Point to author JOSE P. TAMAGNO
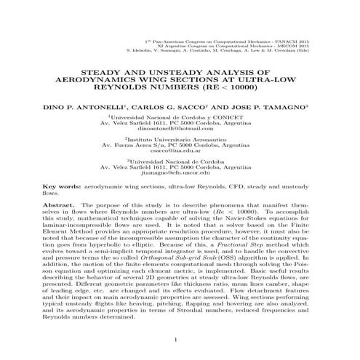click(253, 106)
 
